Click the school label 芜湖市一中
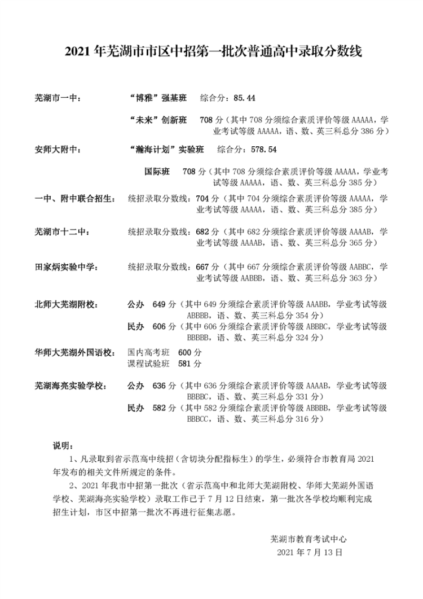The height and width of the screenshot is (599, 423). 58,98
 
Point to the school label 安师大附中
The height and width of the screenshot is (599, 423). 58,150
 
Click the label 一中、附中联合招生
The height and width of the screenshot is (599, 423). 75,199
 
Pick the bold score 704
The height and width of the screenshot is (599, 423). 202,199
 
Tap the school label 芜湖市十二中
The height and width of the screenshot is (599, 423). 61,232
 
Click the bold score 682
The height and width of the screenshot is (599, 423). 202,232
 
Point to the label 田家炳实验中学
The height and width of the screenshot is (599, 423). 66,266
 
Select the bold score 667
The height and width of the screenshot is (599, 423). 202,266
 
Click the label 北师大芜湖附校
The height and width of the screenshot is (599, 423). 66,305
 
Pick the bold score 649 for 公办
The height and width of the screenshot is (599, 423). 160,305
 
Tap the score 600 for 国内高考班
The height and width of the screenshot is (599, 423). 185,352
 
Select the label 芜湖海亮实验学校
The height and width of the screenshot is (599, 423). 70,386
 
